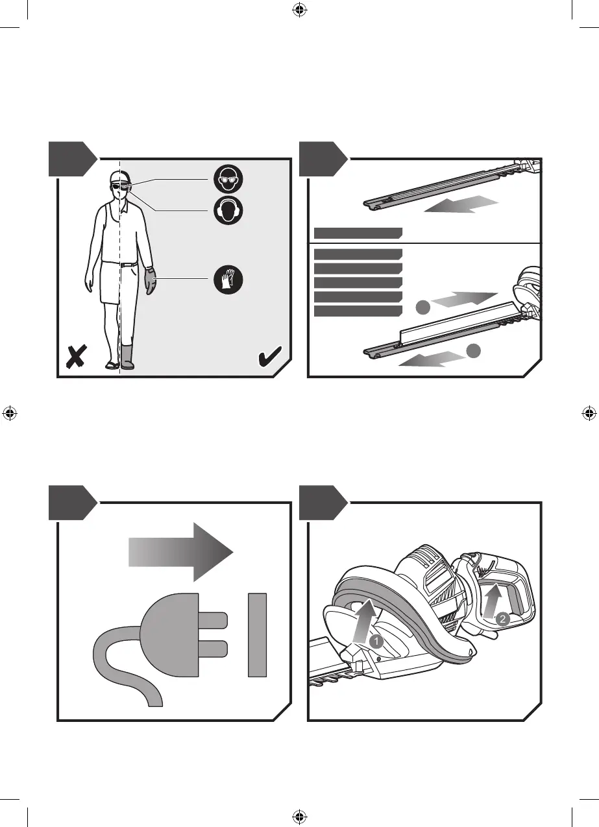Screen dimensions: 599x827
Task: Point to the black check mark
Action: (269, 356)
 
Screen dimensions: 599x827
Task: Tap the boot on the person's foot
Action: (127, 357)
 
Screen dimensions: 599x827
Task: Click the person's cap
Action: (117, 177)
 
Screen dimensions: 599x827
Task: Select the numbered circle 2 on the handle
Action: (502, 619)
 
